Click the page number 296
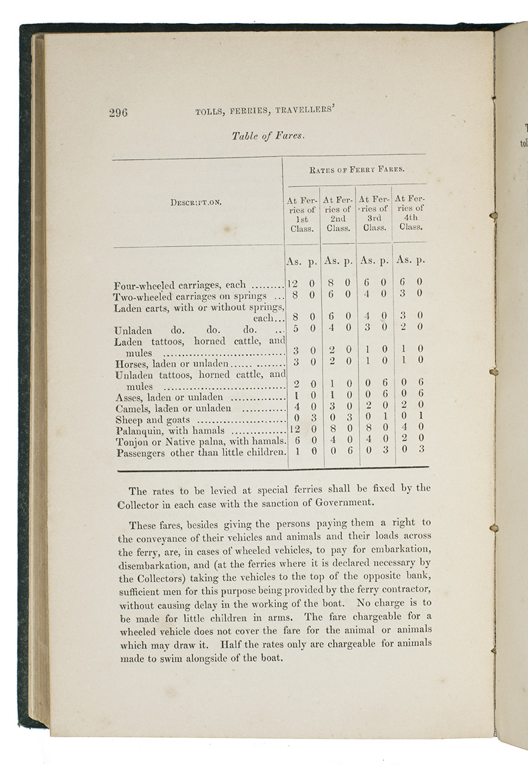119,112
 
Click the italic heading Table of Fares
267,136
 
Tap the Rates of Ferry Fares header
357,170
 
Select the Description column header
196,202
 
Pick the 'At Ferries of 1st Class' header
302,214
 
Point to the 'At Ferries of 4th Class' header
410,212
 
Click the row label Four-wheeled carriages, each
180,285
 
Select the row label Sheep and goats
152,420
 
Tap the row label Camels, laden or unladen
173,409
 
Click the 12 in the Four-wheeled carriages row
292,283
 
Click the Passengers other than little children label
200,452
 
